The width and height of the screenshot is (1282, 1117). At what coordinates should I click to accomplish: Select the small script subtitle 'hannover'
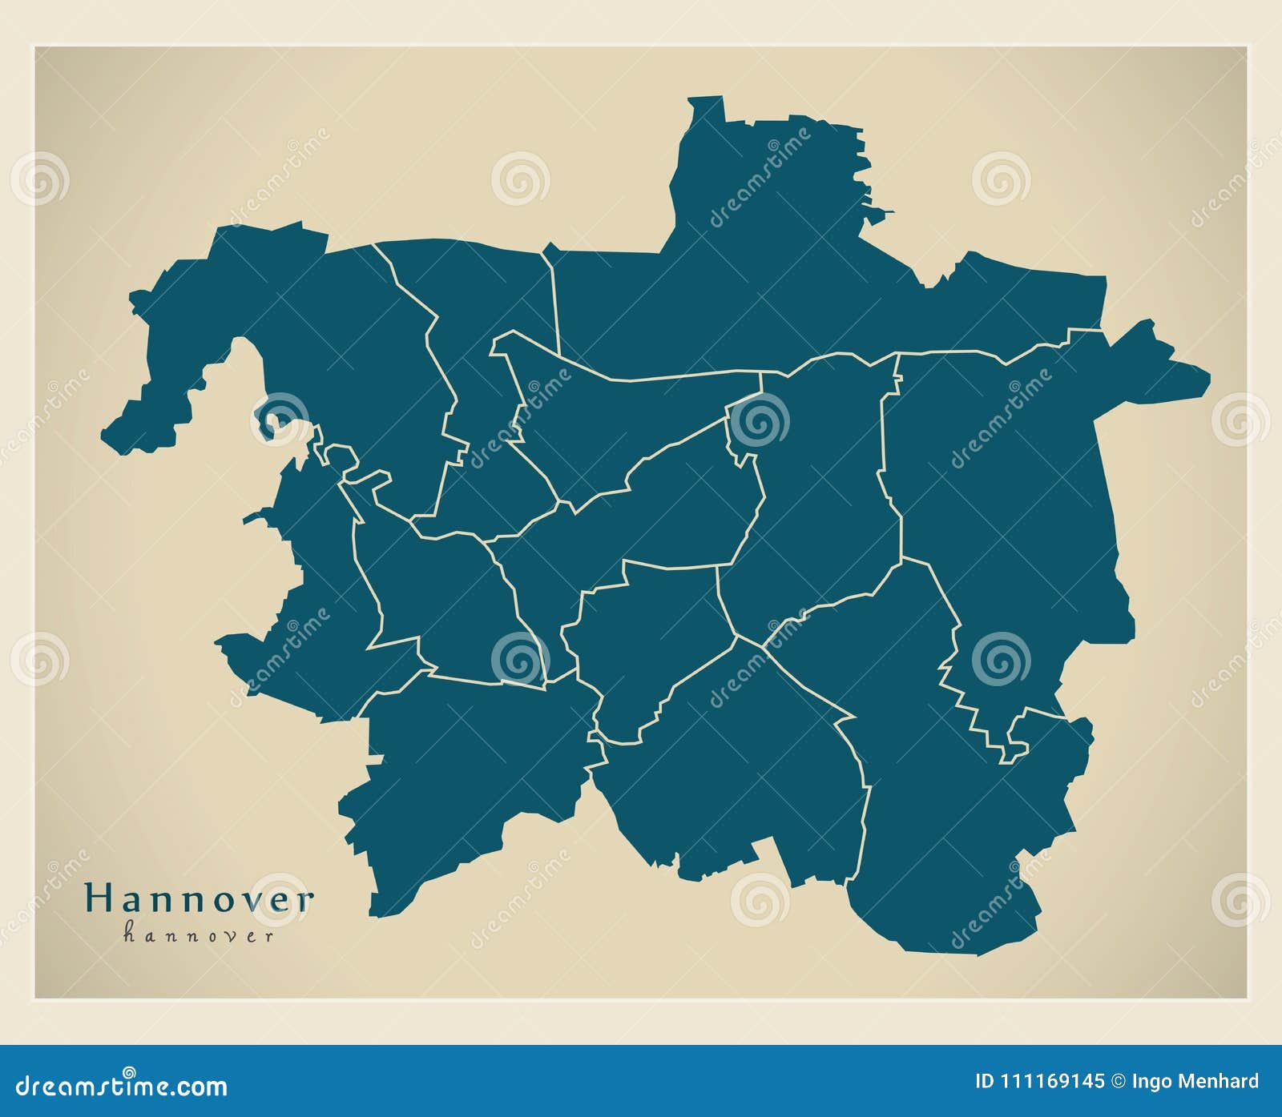pyautogui.click(x=198, y=934)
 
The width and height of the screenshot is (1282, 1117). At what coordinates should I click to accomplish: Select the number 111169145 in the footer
pyautogui.click(x=1050, y=1082)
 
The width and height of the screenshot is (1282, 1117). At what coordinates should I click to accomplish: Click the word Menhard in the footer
pyautogui.click(x=1219, y=1082)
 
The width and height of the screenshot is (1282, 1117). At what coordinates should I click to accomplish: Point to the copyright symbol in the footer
pyautogui.click(x=1118, y=1082)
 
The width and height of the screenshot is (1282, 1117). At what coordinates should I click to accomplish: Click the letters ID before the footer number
pyautogui.click(x=985, y=1082)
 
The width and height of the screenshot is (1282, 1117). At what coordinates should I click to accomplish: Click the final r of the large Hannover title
pyautogui.click(x=304, y=900)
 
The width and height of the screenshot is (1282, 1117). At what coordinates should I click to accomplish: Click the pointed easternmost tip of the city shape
pyautogui.click(x=1207, y=372)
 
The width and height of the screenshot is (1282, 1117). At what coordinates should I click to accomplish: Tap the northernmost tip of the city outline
pyautogui.click(x=705, y=98)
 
